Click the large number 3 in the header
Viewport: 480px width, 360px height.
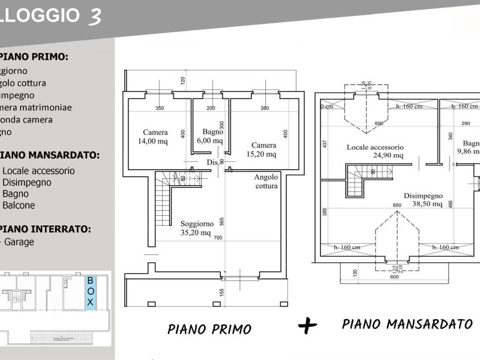tap(93, 15)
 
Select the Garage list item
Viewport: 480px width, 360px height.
tap(19, 242)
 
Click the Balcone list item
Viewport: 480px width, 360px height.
tap(18, 205)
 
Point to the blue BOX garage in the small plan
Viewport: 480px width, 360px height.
tap(90, 292)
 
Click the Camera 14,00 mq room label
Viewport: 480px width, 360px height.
tap(156, 136)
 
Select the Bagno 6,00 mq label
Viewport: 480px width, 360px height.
tap(212, 136)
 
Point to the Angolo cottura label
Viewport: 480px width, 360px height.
tap(266, 181)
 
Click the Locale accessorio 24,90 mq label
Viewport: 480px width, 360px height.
tap(375, 151)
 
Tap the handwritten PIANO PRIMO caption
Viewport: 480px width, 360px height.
tap(209, 329)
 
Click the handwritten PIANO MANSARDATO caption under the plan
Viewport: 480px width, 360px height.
tap(407, 324)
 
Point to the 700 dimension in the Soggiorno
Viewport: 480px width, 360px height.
tap(217, 238)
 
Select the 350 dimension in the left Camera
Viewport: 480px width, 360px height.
tap(160, 108)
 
